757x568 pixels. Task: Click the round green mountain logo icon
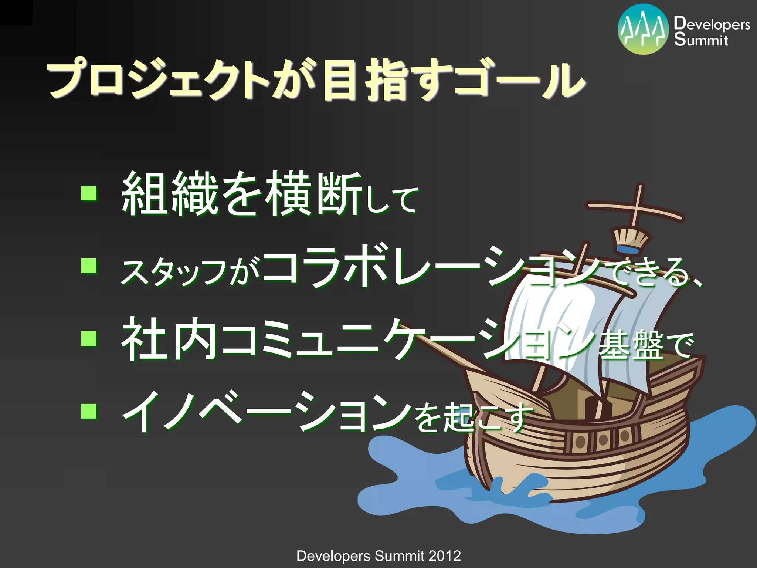coord(643,30)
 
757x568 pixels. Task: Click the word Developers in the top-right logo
coord(712,24)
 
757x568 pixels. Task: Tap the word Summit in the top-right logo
coord(701,40)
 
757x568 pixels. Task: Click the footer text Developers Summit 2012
coord(378,556)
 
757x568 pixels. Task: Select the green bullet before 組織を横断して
coord(89,193)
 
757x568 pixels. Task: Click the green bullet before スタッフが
coord(89,266)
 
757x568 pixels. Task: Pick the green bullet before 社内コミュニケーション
coord(89,338)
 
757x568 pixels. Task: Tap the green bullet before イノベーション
coord(89,411)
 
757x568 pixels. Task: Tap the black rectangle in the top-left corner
coord(16,12)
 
